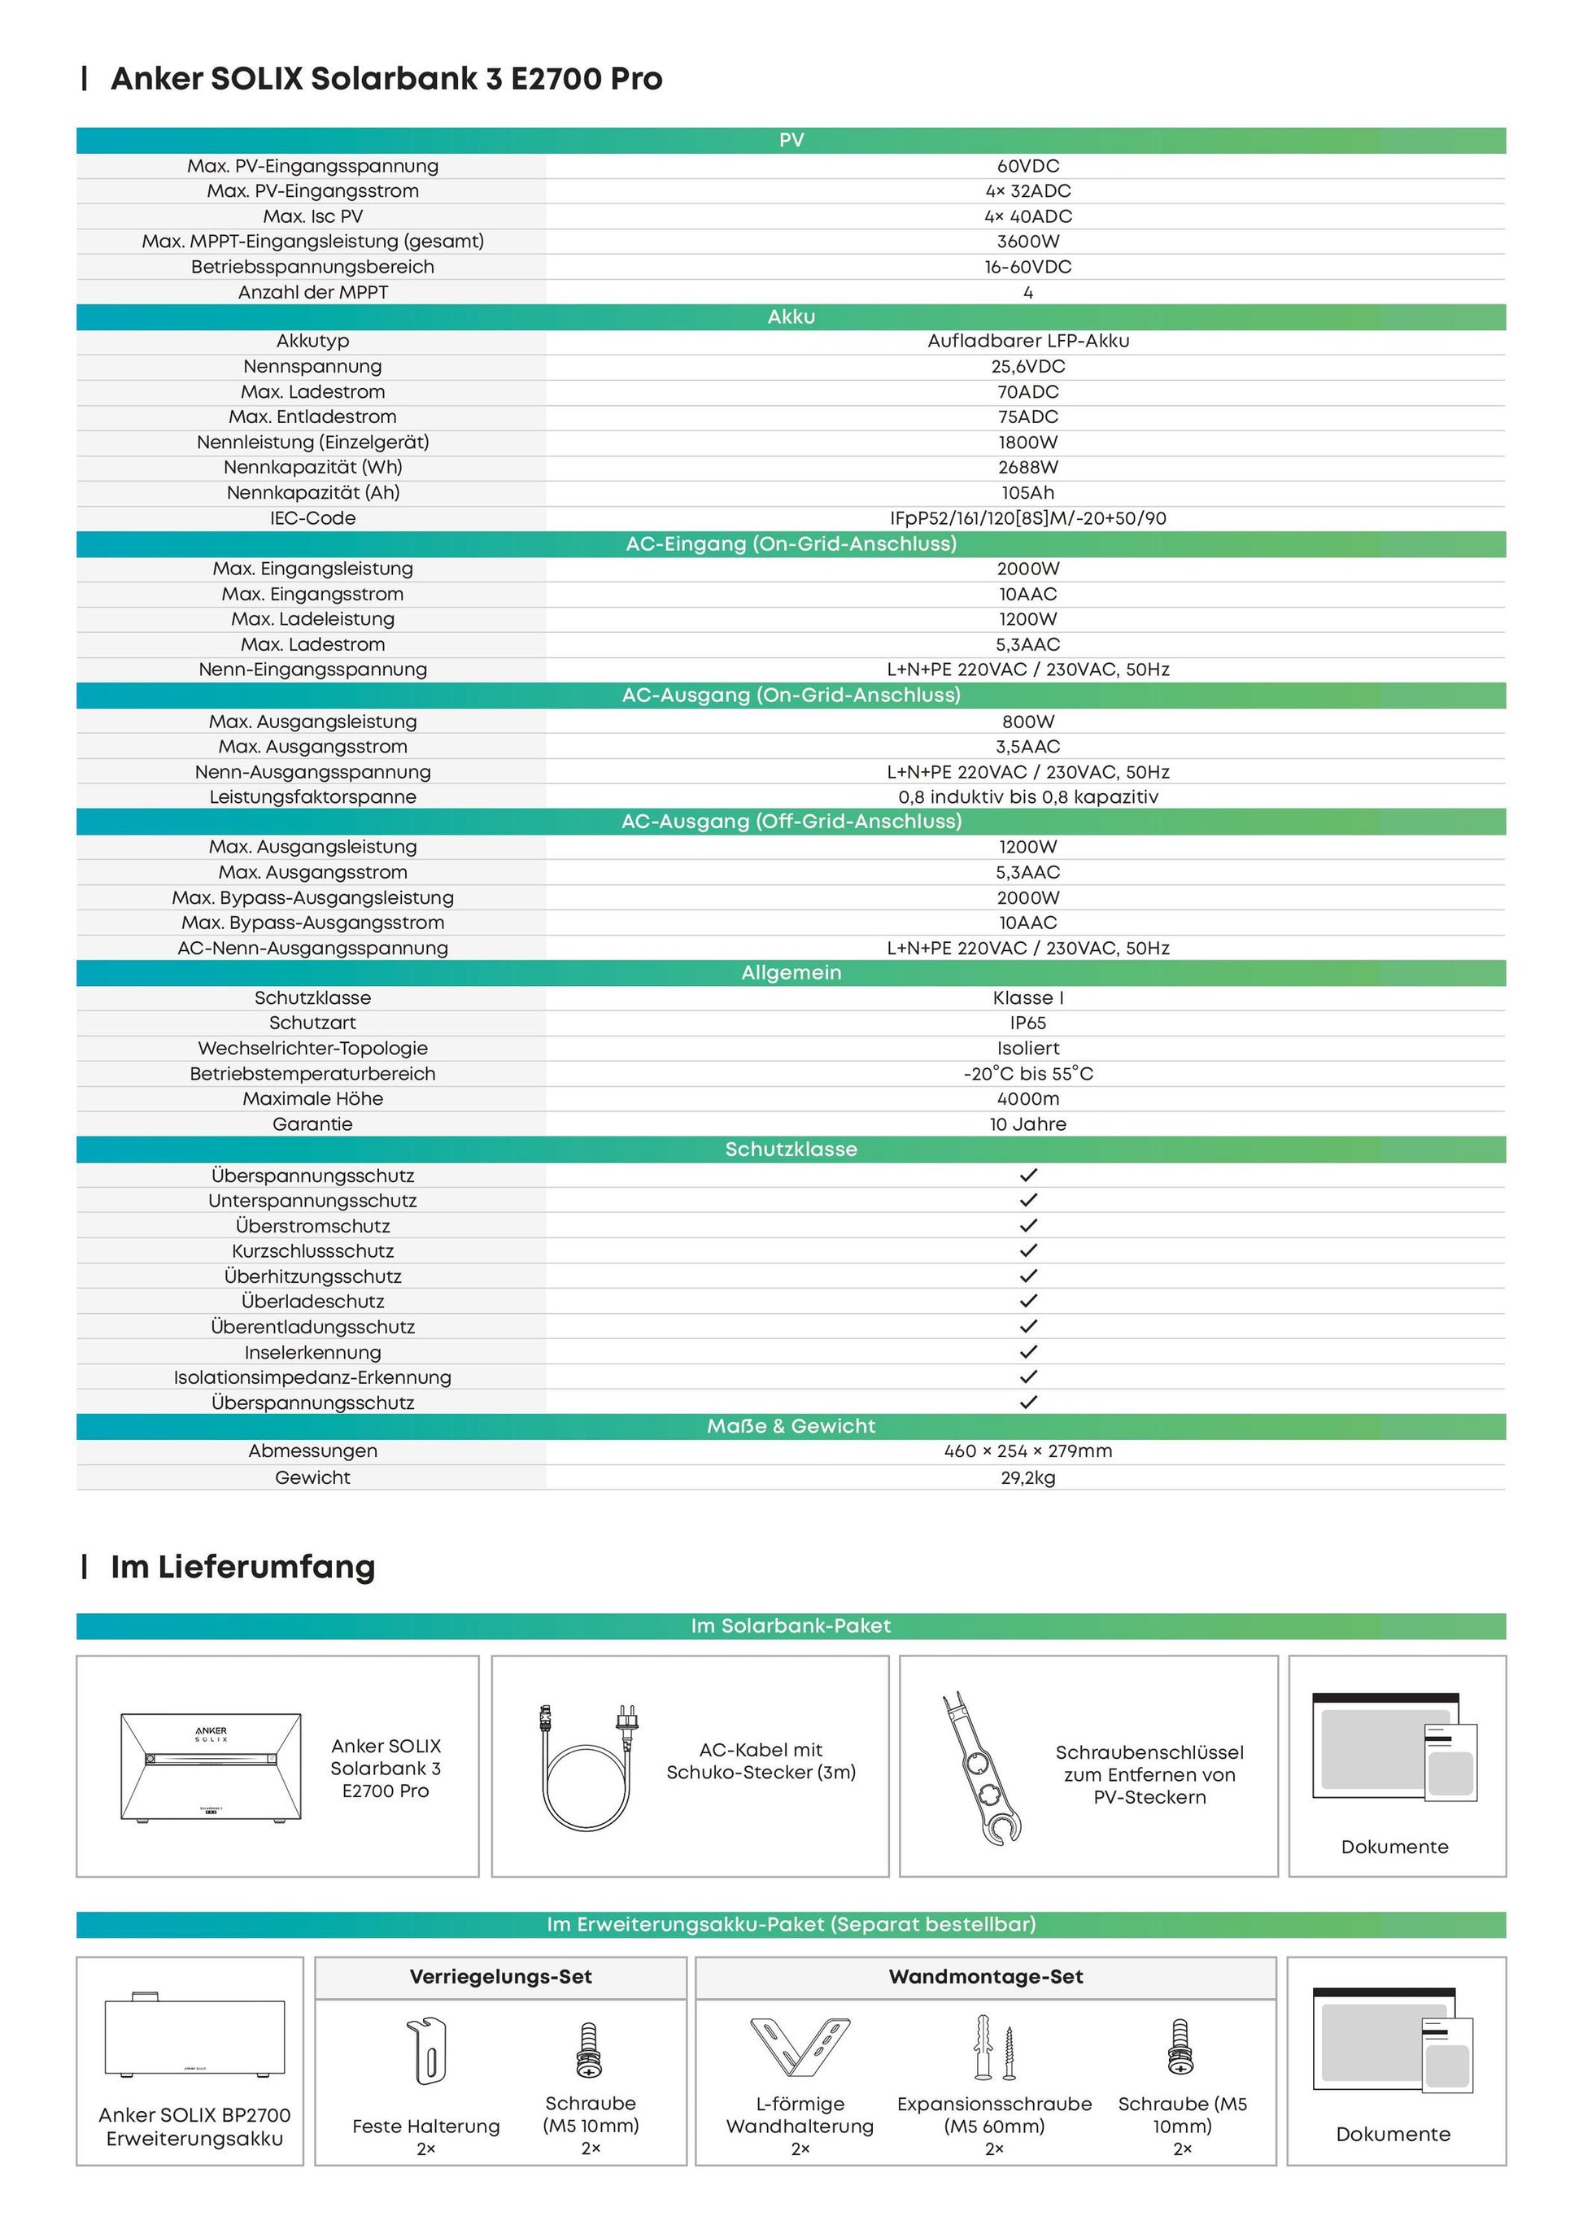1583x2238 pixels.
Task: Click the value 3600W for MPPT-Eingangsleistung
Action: click(x=1027, y=241)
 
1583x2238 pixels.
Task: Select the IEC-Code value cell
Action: click(x=1027, y=517)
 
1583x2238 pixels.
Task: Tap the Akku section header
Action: click(x=791, y=316)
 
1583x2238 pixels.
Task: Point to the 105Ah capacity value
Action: click(x=1027, y=492)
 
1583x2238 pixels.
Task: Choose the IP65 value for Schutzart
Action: click(x=1027, y=1023)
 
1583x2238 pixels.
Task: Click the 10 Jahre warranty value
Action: click(x=1027, y=1123)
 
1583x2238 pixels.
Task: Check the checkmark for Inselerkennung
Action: click(x=1027, y=1352)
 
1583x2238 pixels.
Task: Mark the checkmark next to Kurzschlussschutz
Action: click(x=1027, y=1250)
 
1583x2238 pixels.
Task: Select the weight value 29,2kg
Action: click(x=1027, y=1477)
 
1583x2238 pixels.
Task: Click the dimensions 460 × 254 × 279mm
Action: click(x=1027, y=1451)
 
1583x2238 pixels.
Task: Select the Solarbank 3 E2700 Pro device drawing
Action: click(x=211, y=1767)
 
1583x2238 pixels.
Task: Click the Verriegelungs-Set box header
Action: click(x=500, y=1977)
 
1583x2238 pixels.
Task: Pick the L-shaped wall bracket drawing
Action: click(x=800, y=2046)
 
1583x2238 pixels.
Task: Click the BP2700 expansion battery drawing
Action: click(x=195, y=2035)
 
